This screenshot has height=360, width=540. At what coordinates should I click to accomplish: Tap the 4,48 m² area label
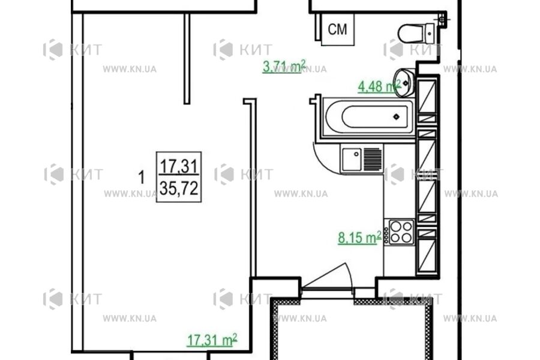(x=378, y=88)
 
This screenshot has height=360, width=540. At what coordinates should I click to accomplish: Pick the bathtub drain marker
(x=395, y=116)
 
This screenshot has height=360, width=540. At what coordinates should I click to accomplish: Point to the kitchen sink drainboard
(x=372, y=160)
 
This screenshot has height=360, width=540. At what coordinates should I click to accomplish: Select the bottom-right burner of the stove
(x=407, y=238)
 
